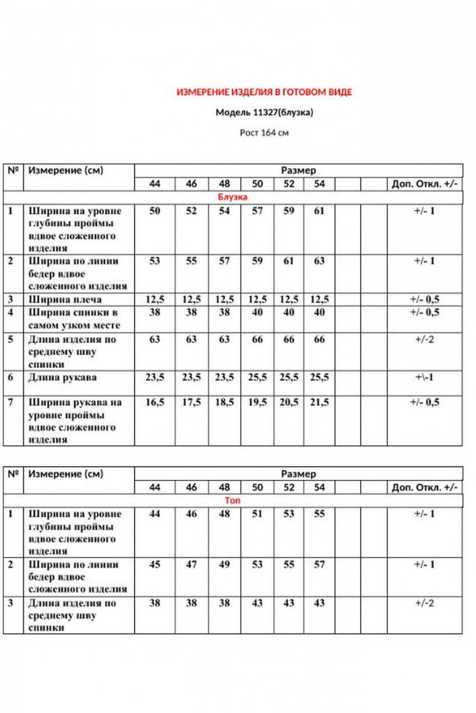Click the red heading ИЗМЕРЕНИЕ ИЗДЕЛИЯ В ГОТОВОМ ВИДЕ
coord(264,92)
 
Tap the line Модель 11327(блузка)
coord(264,113)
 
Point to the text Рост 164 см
coord(264,133)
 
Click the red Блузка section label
coord(232,197)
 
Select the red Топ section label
coord(232,500)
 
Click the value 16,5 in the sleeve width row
coord(155,402)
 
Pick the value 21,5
coord(319,402)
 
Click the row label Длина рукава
coord(62,377)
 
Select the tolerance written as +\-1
coord(424,377)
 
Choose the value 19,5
coord(257,402)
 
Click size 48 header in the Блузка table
coord(225,184)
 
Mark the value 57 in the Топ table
coord(319,564)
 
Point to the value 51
coord(257,513)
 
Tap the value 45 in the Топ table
coord(155,564)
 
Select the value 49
coord(225,564)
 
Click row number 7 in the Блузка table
coord(11,402)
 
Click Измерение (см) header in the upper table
coord(66,170)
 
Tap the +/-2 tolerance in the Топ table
coord(424,603)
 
